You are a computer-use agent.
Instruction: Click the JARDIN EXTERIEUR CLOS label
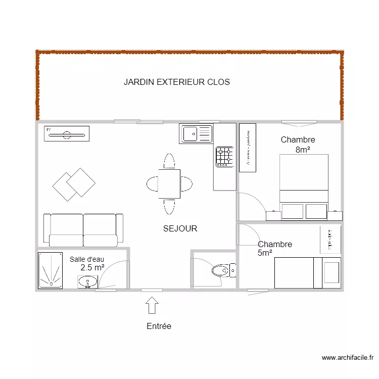click(x=176, y=82)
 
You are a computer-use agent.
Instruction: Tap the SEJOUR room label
click(x=180, y=229)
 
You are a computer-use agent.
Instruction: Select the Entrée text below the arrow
click(x=159, y=326)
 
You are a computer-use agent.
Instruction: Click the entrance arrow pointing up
click(x=152, y=306)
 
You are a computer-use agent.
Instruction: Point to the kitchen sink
click(x=197, y=134)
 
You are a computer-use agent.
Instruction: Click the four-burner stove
click(x=225, y=157)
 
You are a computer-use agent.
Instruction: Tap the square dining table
click(x=169, y=184)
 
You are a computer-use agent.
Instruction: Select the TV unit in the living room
click(x=67, y=134)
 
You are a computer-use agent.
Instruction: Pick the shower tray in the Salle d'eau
click(x=51, y=271)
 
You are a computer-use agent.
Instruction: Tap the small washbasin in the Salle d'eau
click(x=88, y=281)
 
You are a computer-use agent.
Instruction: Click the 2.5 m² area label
click(x=92, y=267)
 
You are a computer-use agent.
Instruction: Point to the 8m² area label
click(x=302, y=150)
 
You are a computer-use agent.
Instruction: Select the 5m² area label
click(x=265, y=253)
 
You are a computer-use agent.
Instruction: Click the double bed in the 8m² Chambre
click(x=304, y=186)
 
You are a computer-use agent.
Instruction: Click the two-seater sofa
click(x=83, y=230)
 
